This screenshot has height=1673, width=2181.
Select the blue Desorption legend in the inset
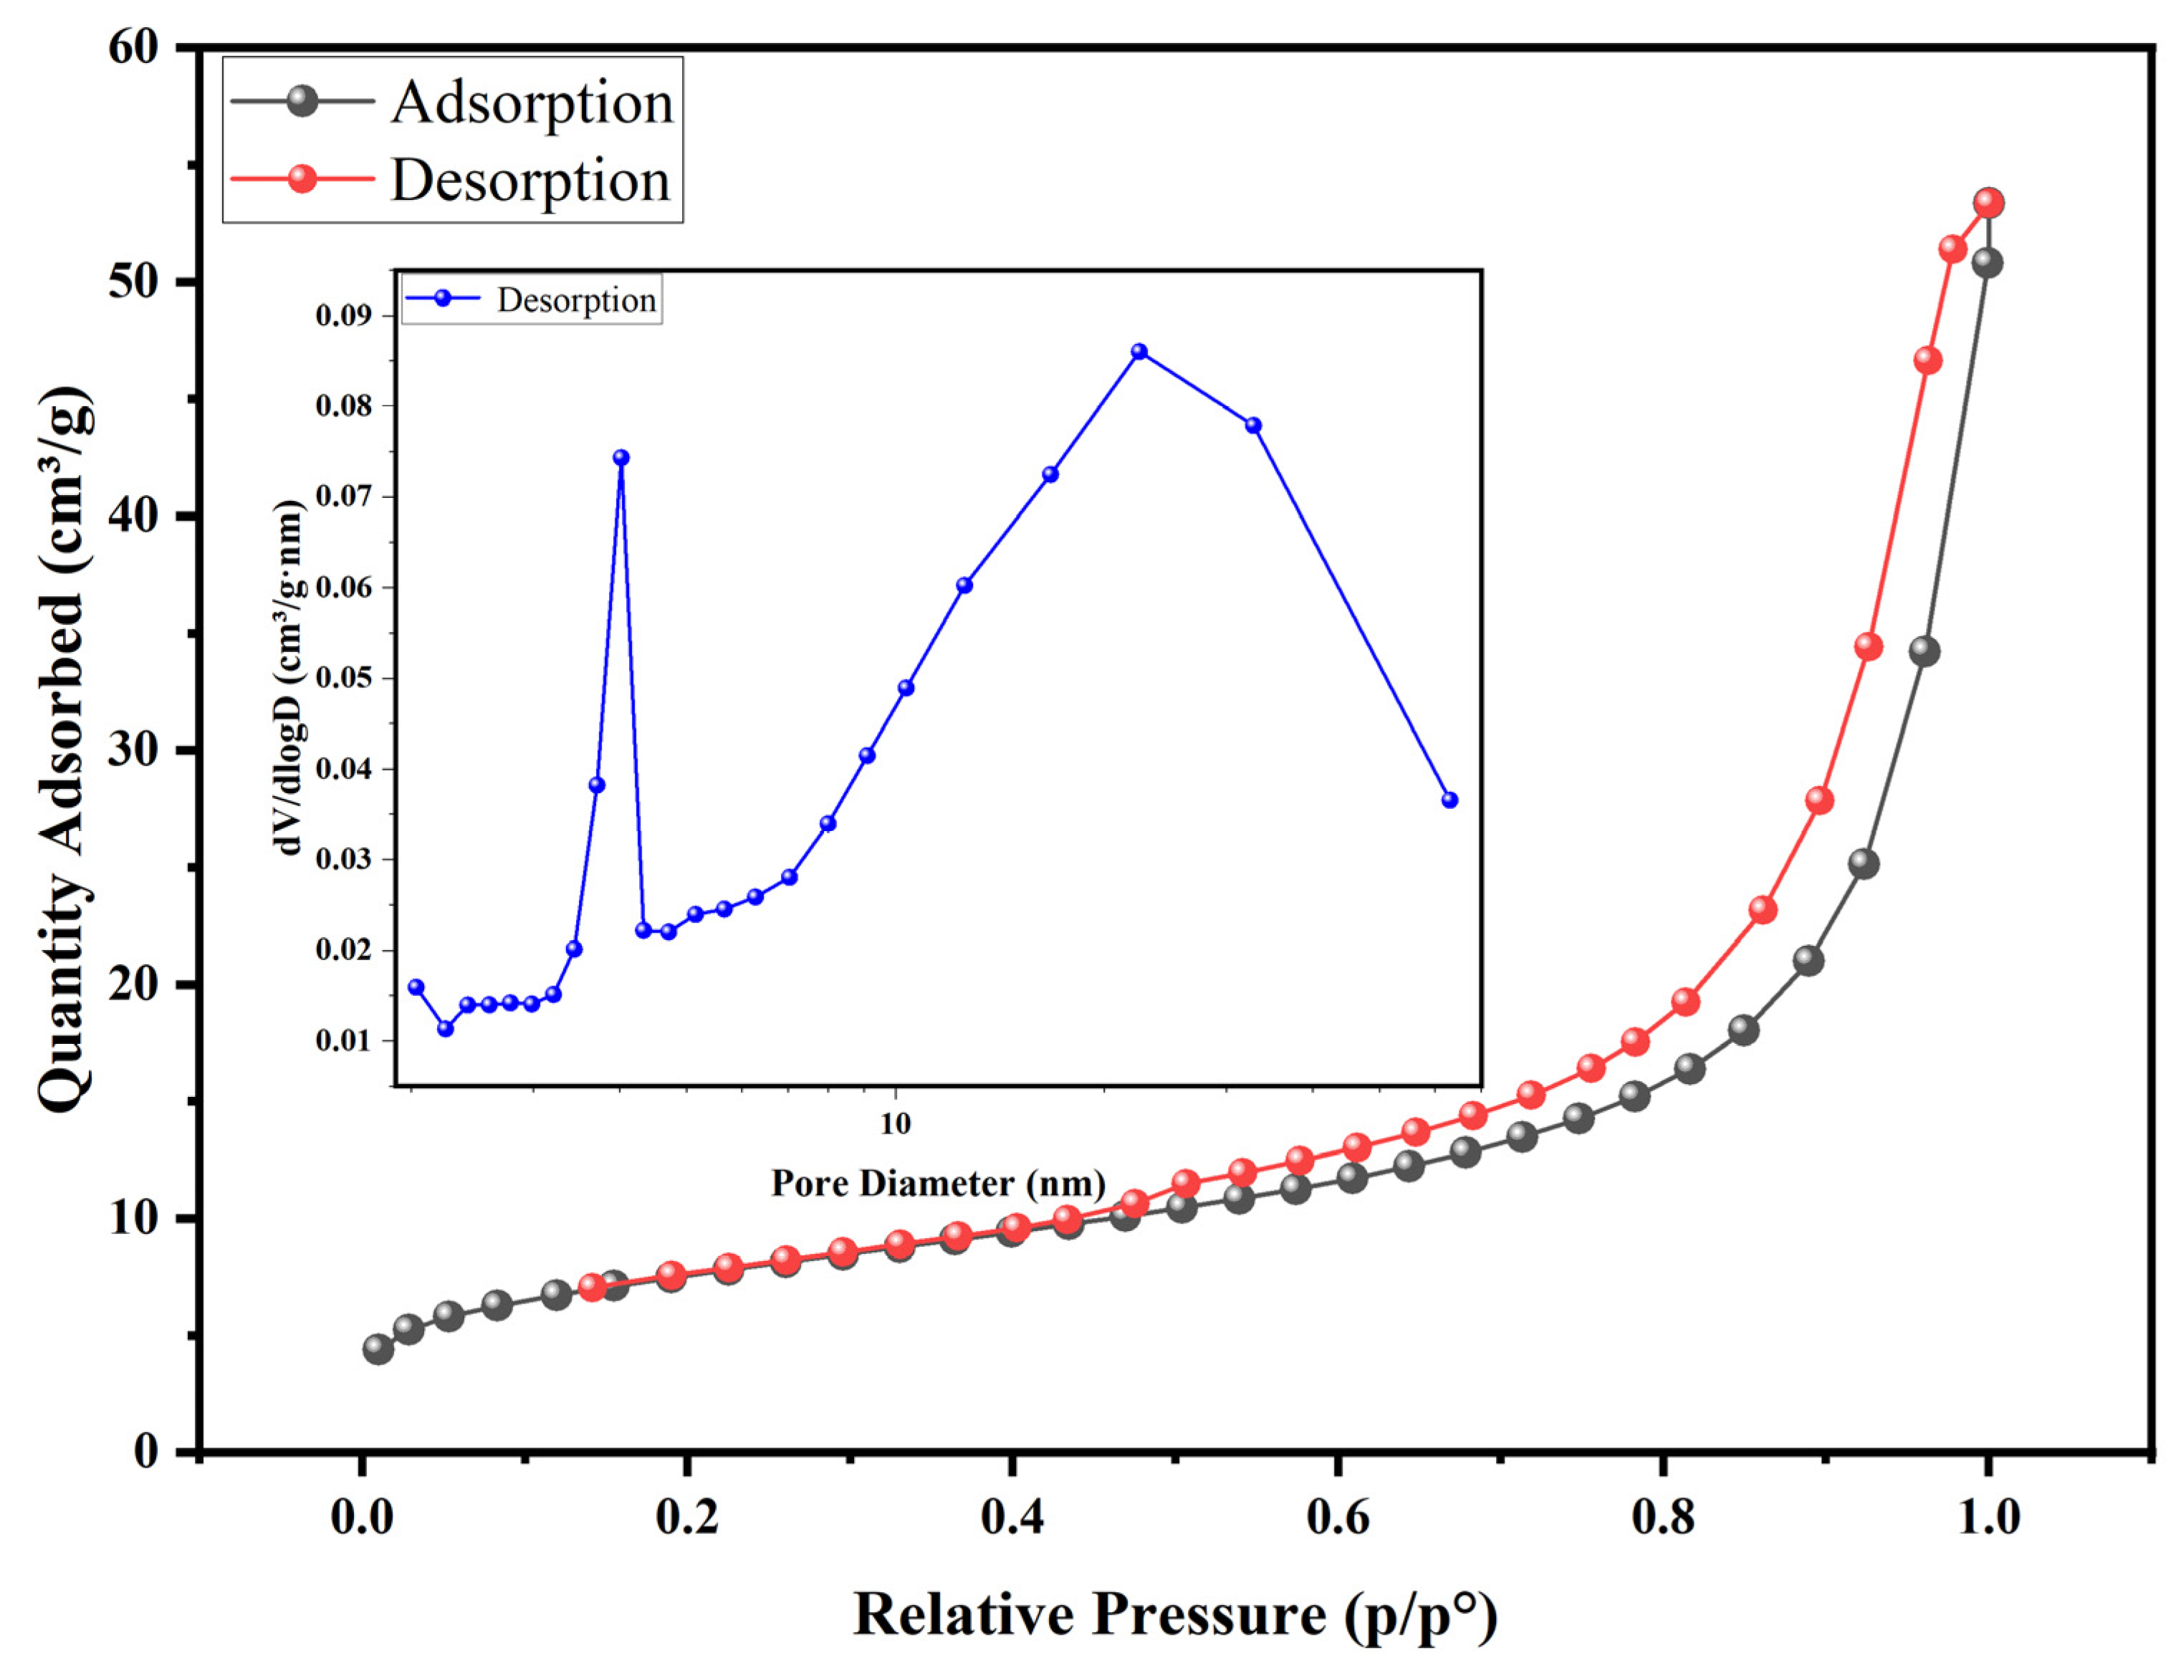[x=531, y=299]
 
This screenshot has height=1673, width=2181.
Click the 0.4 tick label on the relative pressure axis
[x=1011, y=1518]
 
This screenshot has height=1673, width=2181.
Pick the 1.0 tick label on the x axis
[x=1988, y=1518]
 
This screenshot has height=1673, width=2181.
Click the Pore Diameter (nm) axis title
[x=938, y=1183]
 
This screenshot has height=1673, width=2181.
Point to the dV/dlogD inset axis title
[x=289, y=677]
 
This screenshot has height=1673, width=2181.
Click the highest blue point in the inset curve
[x=1139, y=352]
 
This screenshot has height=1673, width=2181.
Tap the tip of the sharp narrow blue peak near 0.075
[x=621, y=458]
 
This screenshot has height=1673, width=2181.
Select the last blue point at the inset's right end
[x=1450, y=800]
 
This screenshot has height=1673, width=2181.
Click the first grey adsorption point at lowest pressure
[x=378, y=1349]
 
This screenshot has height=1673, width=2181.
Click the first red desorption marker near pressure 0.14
[x=593, y=1287]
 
